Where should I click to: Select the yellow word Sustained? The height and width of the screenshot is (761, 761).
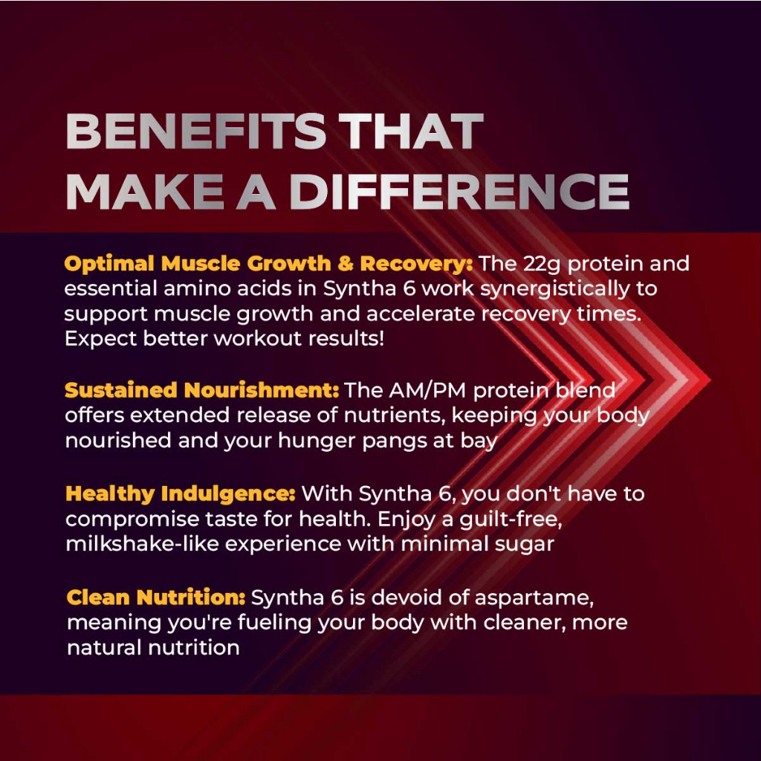click(121, 391)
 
